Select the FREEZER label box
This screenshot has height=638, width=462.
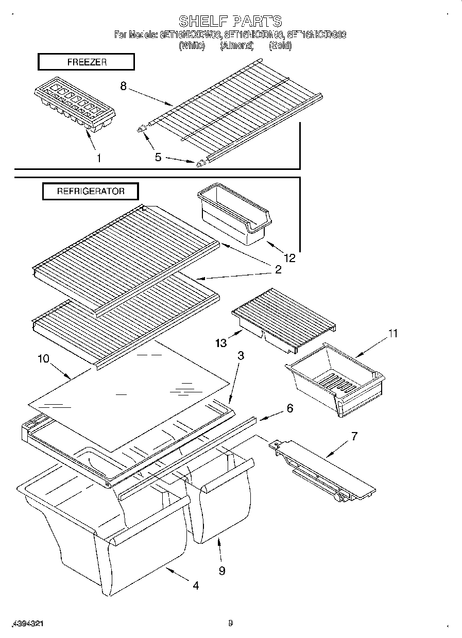point(86,62)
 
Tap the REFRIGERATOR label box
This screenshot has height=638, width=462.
point(90,191)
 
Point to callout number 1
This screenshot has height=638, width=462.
point(99,158)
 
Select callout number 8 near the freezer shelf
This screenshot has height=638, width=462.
point(123,87)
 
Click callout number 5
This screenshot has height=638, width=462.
point(158,157)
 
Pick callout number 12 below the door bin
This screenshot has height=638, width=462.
point(290,258)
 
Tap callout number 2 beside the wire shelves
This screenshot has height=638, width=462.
point(278,269)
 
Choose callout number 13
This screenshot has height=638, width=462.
point(221,343)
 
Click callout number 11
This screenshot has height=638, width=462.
point(392,334)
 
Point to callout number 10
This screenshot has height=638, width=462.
point(43,358)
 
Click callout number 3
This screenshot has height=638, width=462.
point(241,356)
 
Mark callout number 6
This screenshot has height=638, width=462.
point(289,408)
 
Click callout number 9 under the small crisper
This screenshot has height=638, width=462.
point(221,571)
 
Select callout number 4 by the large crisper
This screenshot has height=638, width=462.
point(196,585)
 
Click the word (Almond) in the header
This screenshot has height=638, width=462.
point(237,45)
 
